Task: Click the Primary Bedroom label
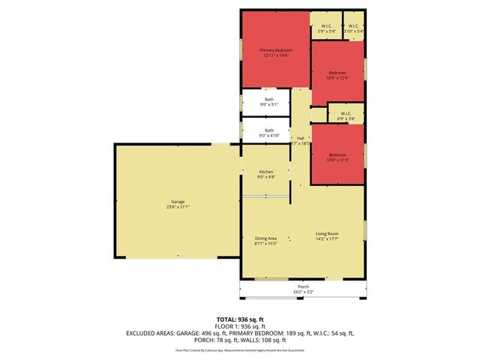click(x=275, y=50)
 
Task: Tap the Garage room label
click(x=178, y=202)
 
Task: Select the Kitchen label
click(x=265, y=172)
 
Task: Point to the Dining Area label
click(x=265, y=238)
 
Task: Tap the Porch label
click(x=303, y=286)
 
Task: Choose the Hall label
click(x=301, y=138)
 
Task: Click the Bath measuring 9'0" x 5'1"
click(x=268, y=100)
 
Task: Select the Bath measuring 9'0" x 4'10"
click(x=268, y=130)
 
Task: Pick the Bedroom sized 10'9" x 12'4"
click(x=337, y=73)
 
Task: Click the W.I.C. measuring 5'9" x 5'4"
click(x=325, y=26)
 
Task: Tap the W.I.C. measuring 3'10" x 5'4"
click(x=354, y=26)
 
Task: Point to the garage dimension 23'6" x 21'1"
click(x=178, y=207)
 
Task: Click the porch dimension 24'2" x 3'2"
click(x=303, y=292)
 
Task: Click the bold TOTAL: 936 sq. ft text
click(x=239, y=318)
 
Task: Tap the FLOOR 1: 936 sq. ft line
click(x=239, y=325)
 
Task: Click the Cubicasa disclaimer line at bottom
click(x=239, y=350)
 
